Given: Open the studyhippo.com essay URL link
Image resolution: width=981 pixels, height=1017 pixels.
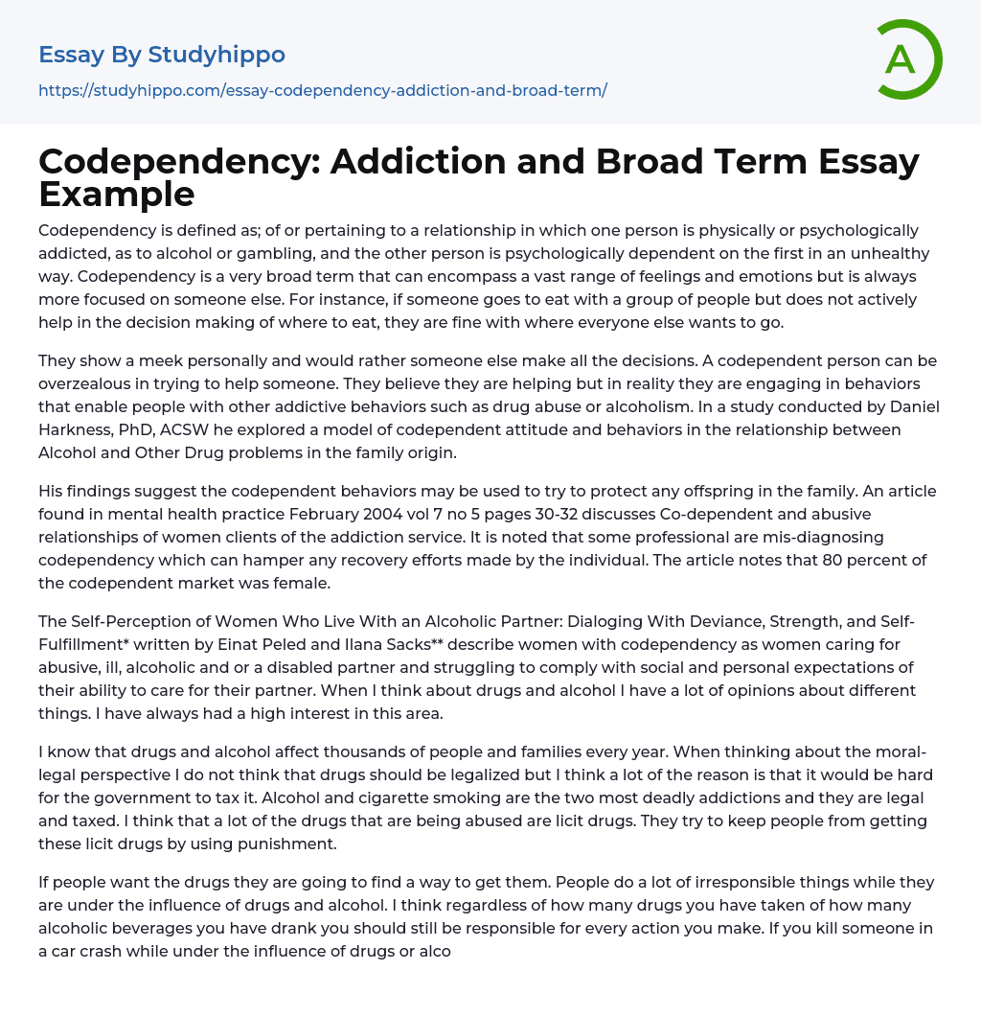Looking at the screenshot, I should point(323,90).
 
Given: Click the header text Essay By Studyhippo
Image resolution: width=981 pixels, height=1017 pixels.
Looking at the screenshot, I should point(162,55).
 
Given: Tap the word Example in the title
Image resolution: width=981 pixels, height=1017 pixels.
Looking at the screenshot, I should point(117,194).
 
